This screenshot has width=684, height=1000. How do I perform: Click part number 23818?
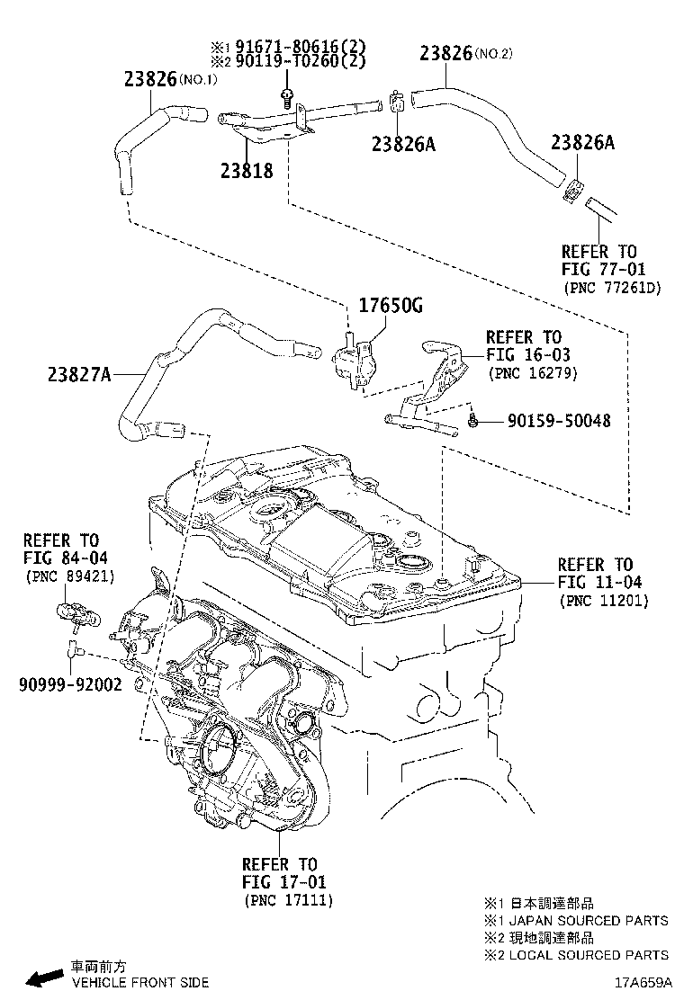(246, 168)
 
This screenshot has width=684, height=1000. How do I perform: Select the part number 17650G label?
(391, 307)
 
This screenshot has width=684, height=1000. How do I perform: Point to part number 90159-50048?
(558, 420)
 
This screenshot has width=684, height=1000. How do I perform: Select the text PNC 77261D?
(612, 288)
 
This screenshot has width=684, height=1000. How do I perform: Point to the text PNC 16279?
(532, 372)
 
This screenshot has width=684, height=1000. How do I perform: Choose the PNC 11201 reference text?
(603, 600)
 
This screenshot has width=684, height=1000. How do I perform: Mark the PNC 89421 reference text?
(69, 576)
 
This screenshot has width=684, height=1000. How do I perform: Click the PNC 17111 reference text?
(287, 900)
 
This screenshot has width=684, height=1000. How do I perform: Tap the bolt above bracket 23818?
(286, 97)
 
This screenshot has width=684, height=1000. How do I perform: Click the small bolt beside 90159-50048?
(474, 421)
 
